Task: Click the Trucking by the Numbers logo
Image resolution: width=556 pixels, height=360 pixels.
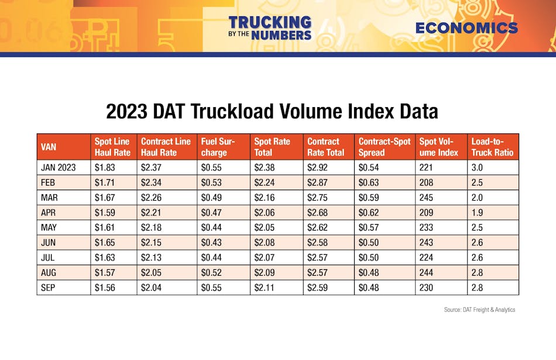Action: pos(270,28)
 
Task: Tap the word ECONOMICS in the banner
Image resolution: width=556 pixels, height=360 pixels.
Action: pos(466,28)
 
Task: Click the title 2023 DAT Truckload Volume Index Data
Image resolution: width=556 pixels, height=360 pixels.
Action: pos(272,111)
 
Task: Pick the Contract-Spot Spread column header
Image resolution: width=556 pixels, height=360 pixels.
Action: pos(384,147)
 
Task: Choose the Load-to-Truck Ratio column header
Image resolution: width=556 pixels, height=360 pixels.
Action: pos(492,147)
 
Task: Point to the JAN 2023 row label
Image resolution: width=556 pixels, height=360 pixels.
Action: pos(59,167)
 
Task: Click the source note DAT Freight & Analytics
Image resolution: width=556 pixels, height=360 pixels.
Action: pos(479,310)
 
